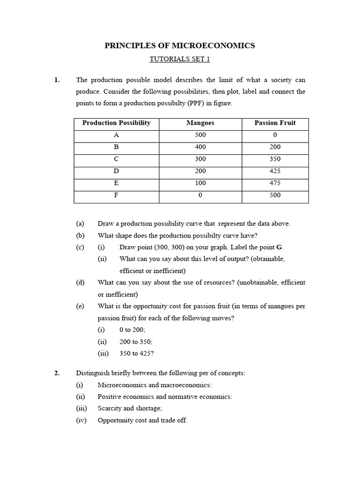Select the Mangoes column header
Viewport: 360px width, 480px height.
coord(200,123)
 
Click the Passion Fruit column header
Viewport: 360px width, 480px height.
coord(275,123)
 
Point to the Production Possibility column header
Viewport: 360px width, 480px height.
coord(116,123)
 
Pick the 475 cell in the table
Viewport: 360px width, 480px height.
coord(275,183)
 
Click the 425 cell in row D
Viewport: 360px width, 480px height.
coord(275,171)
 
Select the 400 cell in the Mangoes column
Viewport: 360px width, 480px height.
coord(200,147)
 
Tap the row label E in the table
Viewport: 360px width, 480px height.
coord(116,183)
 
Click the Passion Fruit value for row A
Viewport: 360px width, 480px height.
coord(275,135)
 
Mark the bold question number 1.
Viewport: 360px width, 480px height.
coord(57,80)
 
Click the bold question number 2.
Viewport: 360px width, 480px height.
coord(57,374)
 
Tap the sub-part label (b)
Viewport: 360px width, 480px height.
coord(80,235)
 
